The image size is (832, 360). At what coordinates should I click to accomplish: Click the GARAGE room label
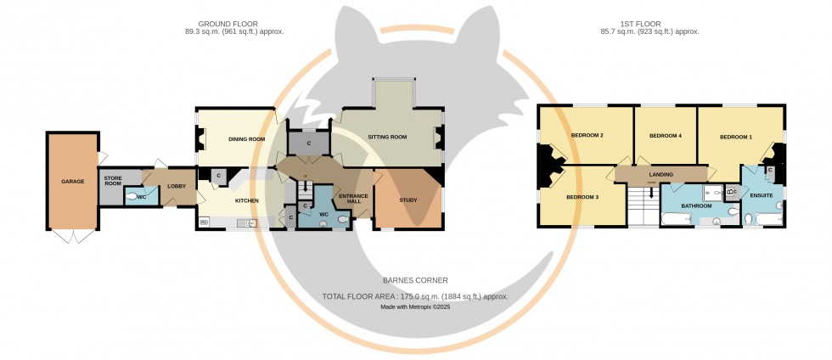point(72,181)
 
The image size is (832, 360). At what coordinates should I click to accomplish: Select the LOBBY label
point(177,186)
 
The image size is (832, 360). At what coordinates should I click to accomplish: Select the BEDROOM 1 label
point(736,137)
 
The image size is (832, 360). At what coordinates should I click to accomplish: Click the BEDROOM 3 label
point(582,197)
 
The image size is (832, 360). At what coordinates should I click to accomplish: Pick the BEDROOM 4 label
point(666,136)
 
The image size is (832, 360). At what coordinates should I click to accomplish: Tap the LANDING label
point(661,174)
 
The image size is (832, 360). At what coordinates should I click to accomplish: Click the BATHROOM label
point(696,205)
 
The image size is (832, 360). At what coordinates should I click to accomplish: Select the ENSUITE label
point(761,196)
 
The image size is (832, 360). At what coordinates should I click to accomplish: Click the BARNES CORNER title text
point(415,279)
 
